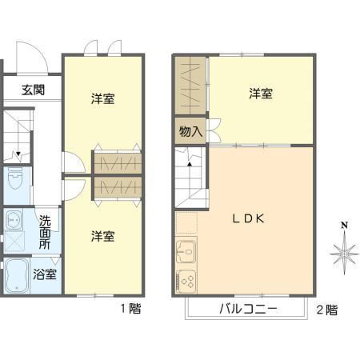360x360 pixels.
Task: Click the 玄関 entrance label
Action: [33, 90]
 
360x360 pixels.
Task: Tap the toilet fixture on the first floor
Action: [15, 178]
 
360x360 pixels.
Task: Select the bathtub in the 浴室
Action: [17, 276]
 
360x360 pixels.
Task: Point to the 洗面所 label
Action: [45, 232]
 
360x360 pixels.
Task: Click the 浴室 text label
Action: [45, 274]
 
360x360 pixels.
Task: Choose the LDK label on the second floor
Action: [249, 218]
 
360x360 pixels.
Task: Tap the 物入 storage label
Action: [190, 131]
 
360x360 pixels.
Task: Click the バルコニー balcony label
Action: [248, 309]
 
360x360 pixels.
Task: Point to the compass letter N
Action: [345, 226]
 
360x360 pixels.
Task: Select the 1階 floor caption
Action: [131, 309]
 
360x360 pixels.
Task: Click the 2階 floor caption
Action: [327, 310]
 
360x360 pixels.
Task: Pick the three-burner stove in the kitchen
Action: [186, 282]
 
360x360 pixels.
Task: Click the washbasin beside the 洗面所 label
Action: [13, 220]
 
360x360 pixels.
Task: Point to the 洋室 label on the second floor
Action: [261, 94]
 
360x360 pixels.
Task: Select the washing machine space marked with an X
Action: [14, 241]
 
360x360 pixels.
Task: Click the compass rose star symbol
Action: [344, 254]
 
